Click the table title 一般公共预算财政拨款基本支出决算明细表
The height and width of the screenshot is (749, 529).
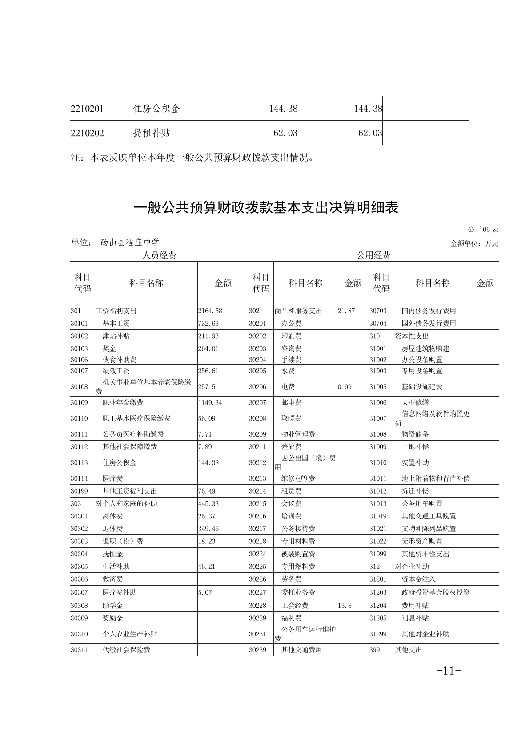pos(266,208)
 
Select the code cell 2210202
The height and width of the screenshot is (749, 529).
pos(87,133)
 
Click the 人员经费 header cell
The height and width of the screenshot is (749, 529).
pos(159,255)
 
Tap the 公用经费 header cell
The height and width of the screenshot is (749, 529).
pos(373,255)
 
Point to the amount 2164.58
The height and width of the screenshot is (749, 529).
pos(210,311)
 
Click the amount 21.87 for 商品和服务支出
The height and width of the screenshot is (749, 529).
pos(346,311)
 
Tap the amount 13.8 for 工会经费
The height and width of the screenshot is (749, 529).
pos(345,605)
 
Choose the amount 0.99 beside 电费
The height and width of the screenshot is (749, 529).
pos(345,387)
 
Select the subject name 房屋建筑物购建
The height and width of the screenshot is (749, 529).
pos(425,348)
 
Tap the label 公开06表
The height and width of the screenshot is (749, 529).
pos(483,230)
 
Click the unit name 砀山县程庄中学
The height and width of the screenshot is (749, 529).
pos(130,243)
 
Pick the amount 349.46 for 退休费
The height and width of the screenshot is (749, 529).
pos(208,529)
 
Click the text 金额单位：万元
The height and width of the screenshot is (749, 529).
pos(474,243)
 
